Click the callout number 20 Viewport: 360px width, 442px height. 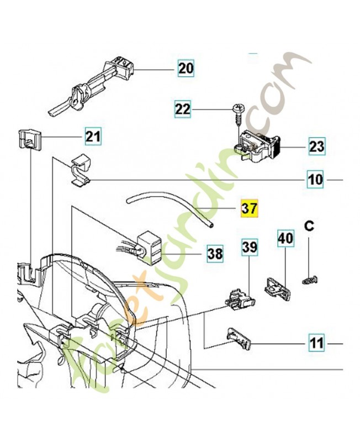click(186, 69)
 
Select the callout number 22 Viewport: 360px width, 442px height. click(183, 109)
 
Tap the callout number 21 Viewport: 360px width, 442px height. click(93, 136)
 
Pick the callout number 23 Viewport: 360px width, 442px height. click(316, 146)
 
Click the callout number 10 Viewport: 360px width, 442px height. click(315, 179)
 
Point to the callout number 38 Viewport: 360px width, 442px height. click(215, 253)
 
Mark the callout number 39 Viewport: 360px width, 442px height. click(250, 247)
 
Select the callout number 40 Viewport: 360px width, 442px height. click(285, 239)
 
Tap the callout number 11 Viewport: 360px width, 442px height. click(317, 343)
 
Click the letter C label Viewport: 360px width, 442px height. click(309, 226)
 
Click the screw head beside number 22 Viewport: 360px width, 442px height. click(238, 107)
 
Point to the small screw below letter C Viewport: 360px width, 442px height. click(310, 280)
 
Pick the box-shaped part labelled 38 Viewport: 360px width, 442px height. click(149, 247)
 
